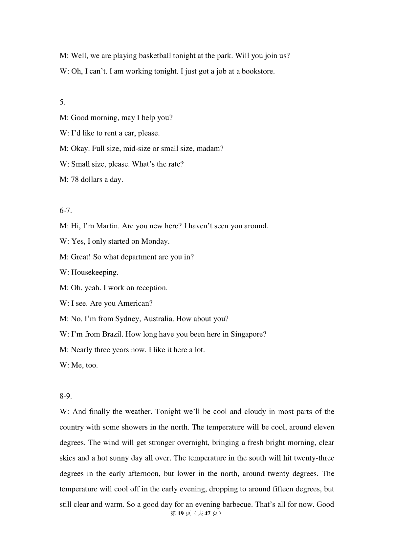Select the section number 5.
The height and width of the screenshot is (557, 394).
coord(62,102)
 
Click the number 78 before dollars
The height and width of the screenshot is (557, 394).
coord(75,180)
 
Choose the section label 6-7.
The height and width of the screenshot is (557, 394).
coord(66,211)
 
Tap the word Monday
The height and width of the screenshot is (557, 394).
coord(155,241)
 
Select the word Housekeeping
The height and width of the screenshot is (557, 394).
coord(95,272)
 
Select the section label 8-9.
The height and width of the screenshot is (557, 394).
coord(66,396)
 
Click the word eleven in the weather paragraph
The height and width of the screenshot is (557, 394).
coord(324,427)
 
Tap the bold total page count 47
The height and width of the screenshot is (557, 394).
coord(207,514)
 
